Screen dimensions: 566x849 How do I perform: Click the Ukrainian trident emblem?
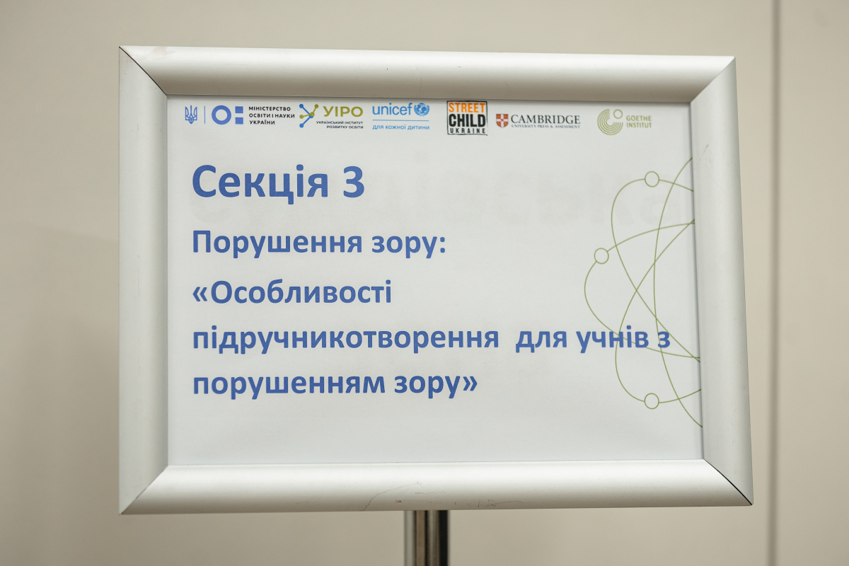coord(190,114)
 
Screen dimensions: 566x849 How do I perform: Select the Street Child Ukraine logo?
coord(467,117)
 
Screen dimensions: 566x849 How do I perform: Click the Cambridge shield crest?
coord(502,120)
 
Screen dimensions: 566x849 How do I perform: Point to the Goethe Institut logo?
coord(624,122)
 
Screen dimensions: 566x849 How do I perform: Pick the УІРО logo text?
coord(342,111)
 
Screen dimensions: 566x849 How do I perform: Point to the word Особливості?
coord(300,293)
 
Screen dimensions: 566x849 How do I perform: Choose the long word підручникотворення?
coord(345,339)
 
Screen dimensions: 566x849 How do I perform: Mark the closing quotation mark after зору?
coord(469,383)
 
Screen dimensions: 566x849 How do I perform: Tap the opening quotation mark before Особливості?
coord(201,293)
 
